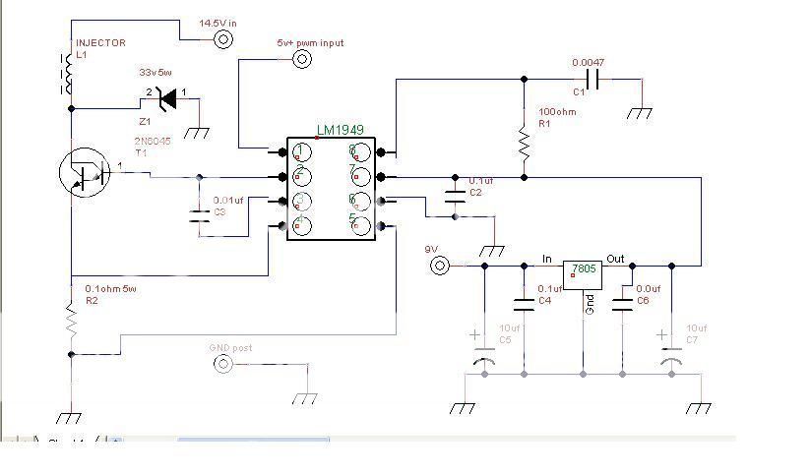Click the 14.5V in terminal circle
pyautogui.click(x=223, y=39)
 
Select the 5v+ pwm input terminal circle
pyautogui.click(x=302, y=59)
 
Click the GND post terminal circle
pyautogui.click(x=223, y=365)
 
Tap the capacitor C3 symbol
pyautogui.click(x=200, y=217)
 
